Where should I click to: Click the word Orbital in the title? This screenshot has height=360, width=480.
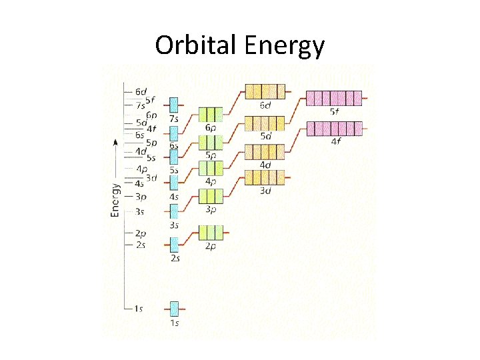pyautogui.click(x=197, y=45)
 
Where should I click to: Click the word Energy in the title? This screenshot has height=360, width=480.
pyautogui.click(x=285, y=45)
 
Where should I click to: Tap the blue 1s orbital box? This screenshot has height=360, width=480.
pyautogui.click(x=174, y=309)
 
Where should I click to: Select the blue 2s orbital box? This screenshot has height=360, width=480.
pyautogui.click(x=174, y=244)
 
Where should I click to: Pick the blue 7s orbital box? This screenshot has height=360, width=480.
pyautogui.click(x=174, y=105)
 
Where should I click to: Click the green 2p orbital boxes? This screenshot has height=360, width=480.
pyautogui.click(x=211, y=233)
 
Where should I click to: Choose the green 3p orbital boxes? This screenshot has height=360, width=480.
pyautogui.click(x=211, y=196)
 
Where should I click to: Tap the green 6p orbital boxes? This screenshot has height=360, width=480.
pyautogui.click(x=211, y=114)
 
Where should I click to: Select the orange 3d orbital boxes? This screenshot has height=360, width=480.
pyautogui.click(x=265, y=177)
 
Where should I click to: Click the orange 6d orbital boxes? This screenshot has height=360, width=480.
pyautogui.click(x=265, y=91)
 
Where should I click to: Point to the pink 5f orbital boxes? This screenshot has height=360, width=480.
pyautogui.click(x=333, y=99)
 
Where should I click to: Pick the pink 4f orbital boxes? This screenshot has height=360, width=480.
pyautogui.click(x=333, y=128)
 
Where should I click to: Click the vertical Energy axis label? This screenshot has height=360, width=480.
pyautogui.click(x=115, y=199)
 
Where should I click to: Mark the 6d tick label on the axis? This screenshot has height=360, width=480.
pyautogui.click(x=140, y=91)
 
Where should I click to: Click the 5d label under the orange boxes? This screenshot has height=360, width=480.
pyautogui.click(x=265, y=136)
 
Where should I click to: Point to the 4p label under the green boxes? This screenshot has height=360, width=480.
pyautogui.click(x=211, y=181)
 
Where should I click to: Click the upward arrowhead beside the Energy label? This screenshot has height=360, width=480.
pyautogui.click(x=115, y=142)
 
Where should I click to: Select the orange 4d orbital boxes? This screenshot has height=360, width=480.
pyautogui.click(x=265, y=152)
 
